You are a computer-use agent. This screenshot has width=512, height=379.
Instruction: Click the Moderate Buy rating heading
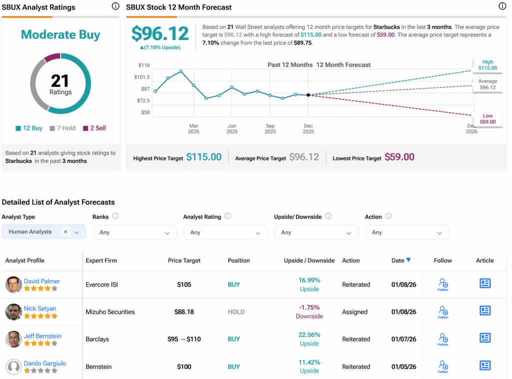click(60, 35)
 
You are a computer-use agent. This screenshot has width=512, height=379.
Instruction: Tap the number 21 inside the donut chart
click(60, 80)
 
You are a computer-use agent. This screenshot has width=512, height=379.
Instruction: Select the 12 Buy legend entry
click(29, 128)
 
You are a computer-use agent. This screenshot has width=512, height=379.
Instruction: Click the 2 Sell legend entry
click(94, 128)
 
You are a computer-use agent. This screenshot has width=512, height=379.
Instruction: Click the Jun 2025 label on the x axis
click(232, 128)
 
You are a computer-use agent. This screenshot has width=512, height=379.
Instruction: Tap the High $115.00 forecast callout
click(487, 65)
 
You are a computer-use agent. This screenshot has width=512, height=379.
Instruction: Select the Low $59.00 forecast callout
click(487, 119)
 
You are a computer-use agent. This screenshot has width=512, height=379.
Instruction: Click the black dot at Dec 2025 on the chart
click(308, 94)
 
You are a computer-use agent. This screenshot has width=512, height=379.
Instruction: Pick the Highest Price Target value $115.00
click(203, 157)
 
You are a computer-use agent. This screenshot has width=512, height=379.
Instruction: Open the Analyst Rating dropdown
click(222, 232)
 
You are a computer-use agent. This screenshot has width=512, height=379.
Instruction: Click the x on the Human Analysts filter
click(65, 232)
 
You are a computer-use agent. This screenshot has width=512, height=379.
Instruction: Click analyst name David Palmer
click(42, 281)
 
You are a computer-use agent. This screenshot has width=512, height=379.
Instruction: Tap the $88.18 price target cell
click(184, 312)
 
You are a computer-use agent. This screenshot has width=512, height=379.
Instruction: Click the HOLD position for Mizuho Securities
click(236, 312)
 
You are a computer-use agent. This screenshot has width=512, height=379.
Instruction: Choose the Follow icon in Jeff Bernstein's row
click(443, 339)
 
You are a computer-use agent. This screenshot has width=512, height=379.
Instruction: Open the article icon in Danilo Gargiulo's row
click(484, 365)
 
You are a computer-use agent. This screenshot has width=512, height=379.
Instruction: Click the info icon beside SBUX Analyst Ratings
click(115, 6)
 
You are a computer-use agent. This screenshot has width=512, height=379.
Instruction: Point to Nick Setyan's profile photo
click(13, 312)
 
